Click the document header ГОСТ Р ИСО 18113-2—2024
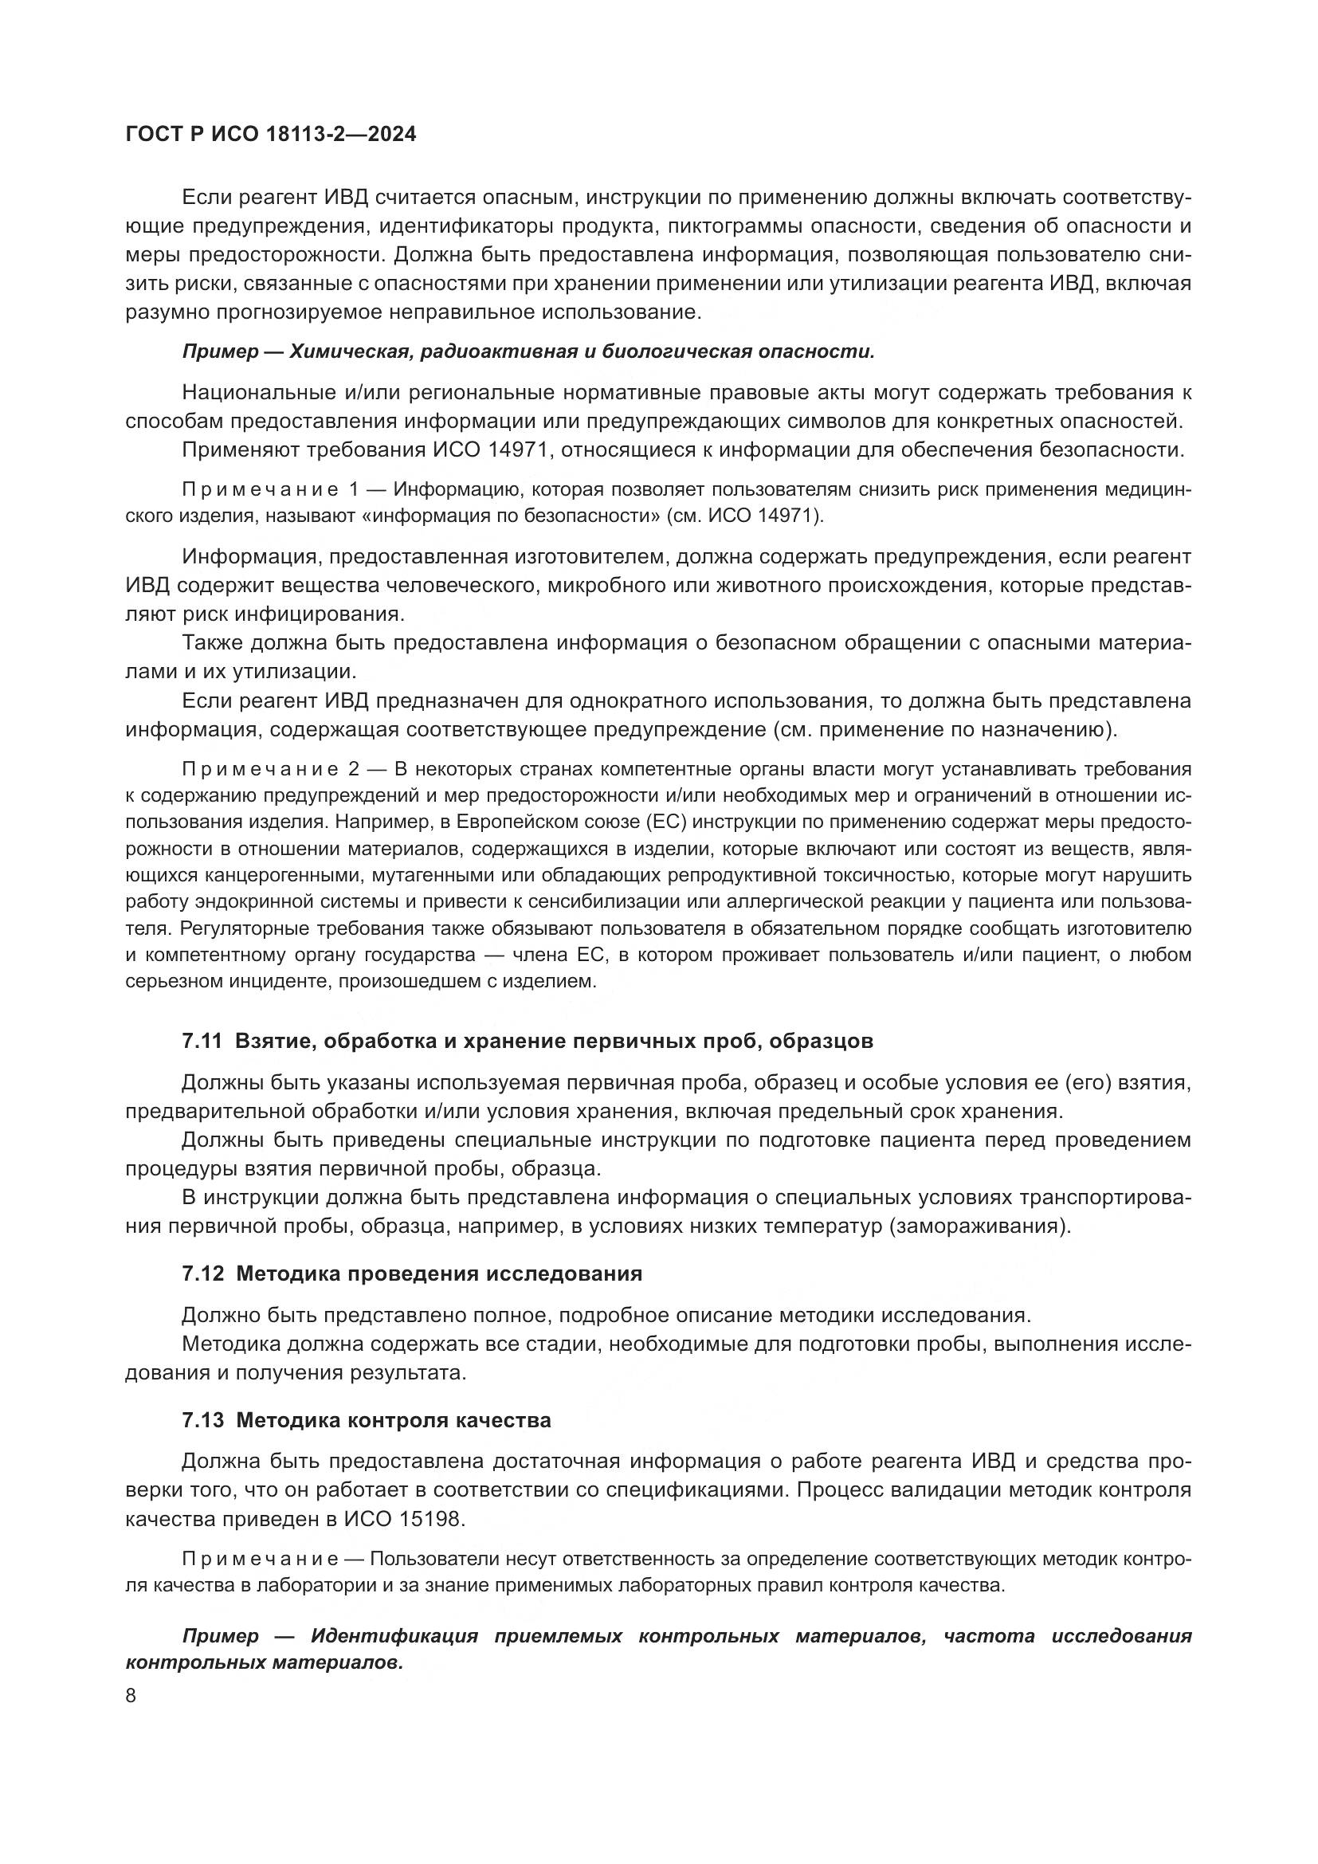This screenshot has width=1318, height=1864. coord(271,135)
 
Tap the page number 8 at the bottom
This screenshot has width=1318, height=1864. coord(131,1697)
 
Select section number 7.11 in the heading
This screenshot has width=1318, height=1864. coord(202,1042)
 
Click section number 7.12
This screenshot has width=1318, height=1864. coord(202,1273)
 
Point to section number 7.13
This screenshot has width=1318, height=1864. coord(202,1421)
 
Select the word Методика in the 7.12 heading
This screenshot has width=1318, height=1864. coord(288,1273)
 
